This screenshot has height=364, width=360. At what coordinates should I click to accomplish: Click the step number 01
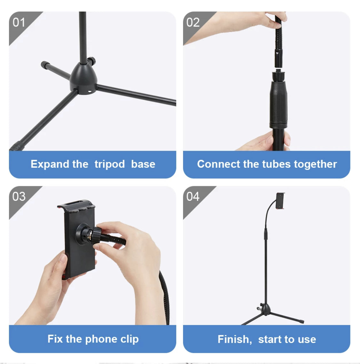(19, 22)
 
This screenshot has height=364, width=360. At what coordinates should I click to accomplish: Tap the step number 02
(193, 22)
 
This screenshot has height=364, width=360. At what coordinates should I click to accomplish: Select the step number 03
(19, 196)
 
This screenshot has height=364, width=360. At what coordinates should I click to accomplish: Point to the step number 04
(193, 196)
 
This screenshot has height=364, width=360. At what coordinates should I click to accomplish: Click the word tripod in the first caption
(109, 164)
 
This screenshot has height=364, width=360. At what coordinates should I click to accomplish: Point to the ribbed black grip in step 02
(278, 102)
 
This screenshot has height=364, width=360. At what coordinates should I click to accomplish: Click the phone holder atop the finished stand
(281, 200)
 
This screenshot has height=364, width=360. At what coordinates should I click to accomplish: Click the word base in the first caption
(143, 164)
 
